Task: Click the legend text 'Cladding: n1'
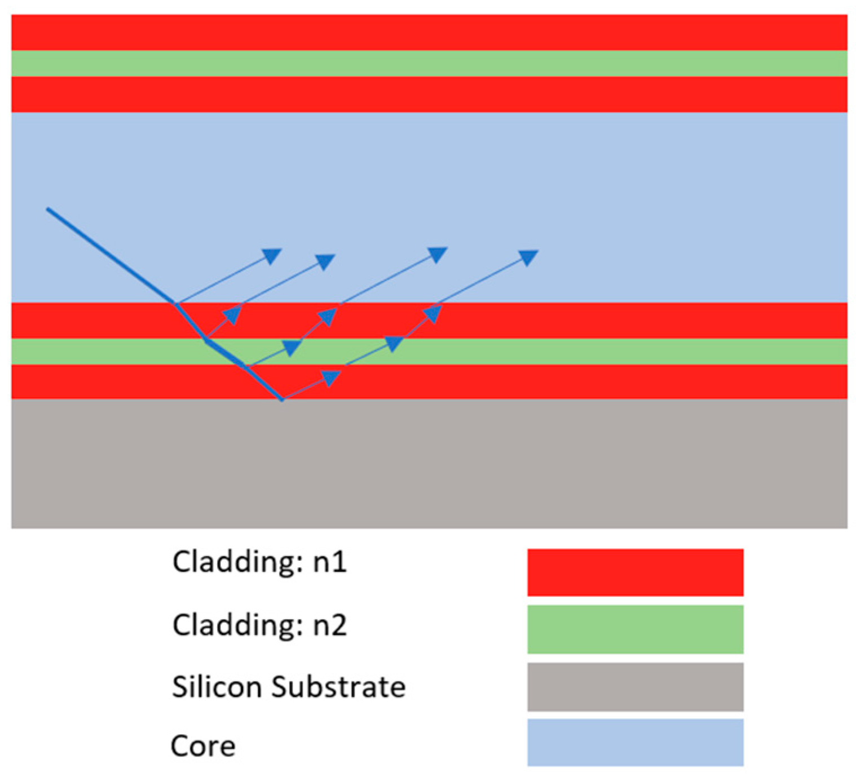(259, 562)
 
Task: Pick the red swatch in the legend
(635, 572)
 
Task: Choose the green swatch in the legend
(635, 629)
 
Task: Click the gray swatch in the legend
(635, 687)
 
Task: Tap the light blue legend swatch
(635, 743)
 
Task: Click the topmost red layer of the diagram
(429, 33)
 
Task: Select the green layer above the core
(429, 64)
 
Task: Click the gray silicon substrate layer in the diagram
(429, 463)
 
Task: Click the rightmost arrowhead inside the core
(528, 257)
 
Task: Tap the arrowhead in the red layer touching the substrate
(331, 377)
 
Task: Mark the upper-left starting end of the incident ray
(48, 209)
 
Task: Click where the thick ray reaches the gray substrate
(282, 399)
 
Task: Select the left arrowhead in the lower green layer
(291, 348)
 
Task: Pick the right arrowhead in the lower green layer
(394, 343)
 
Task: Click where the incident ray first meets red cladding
(175, 304)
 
